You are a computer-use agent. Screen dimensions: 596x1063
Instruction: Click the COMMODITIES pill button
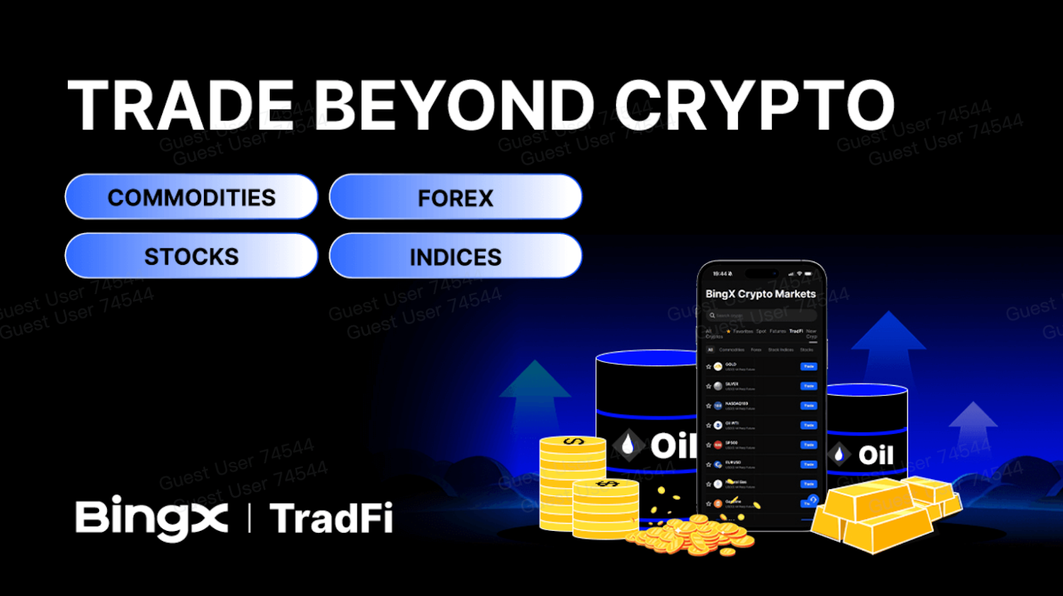tap(191, 197)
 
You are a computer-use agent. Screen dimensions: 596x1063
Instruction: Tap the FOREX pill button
tap(455, 197)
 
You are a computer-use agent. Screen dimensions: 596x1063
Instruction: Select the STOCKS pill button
tap(191, 256)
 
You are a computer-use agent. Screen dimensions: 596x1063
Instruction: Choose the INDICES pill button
tap(455, 256)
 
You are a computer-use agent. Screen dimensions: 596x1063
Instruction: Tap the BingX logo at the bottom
tap(151, 518)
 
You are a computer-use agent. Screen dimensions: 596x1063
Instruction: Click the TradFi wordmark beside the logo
tap(331, 518)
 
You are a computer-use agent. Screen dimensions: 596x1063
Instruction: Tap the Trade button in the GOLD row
tap(808, 366)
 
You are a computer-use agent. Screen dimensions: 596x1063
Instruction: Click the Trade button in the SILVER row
tap(808, 386)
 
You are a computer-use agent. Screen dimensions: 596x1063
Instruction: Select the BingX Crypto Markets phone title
tap(760, 293)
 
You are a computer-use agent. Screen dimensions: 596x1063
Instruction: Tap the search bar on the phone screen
tap(760, 315)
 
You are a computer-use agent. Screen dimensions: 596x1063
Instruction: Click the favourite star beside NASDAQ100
tap(708, 406)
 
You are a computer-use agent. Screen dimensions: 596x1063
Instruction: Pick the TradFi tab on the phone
tap(795, 331)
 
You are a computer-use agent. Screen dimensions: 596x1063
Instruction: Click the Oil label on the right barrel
tap(876, 455)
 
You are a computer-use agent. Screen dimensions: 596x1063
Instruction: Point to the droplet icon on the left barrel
tap(628, 445)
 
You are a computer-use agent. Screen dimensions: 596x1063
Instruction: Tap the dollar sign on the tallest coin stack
tap(573, 441)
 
